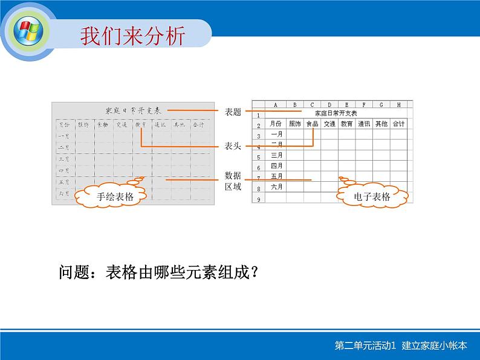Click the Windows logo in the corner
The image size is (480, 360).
tap(28, 30)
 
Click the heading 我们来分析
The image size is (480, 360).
tap(132, 36)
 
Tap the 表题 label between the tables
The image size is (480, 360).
tap(233, 112)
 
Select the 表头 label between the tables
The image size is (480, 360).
tap(233, 146)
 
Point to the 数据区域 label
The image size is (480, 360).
tap(233, 181)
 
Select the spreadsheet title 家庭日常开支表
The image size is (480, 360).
tap(336, 114)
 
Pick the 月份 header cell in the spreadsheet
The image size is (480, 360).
tap(276, 124)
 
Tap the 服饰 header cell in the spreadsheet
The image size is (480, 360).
tap(294, 124)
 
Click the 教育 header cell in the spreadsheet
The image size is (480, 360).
tap(346, 124)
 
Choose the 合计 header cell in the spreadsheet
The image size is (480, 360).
tap(398, 124)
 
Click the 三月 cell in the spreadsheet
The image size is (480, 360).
tap(276, 155)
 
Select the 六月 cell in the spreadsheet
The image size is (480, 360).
tap(276, 187)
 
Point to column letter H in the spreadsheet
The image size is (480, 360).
tap(399, 104)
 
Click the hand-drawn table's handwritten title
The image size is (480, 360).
tap(133, 111)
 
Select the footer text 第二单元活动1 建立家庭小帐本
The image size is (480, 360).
tap(401, 346)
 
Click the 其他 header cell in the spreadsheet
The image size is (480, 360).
tap(381, 124)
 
